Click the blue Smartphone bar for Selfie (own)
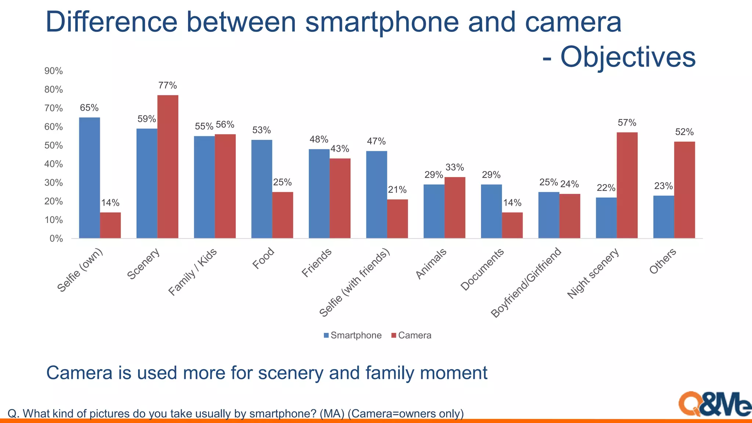coord(89,178)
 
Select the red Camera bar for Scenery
coord(168,167)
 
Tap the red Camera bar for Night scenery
coord(627,185)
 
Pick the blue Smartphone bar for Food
coord(262,189)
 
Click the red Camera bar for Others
coord(684,190)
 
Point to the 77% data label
coord(168,86)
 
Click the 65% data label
coord(89,108)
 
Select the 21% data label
coord(397,190)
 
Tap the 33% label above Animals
coord(455,167)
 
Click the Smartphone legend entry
coord(352,335)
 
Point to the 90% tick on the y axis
coord(54,71)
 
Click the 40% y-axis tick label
coord(54,164)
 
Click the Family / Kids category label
coord(193,272)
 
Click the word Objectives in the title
coord(628,57)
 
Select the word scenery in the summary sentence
coord(290,373)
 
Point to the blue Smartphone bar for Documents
coord(491,211)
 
